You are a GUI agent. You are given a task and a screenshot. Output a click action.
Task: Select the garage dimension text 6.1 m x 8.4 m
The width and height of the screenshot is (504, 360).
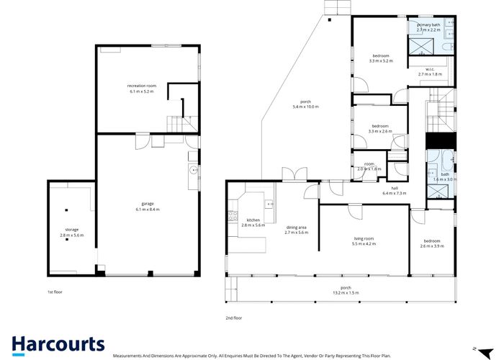coord(148,209)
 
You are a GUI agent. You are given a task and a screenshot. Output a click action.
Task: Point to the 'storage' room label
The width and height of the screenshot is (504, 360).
coord(72,230)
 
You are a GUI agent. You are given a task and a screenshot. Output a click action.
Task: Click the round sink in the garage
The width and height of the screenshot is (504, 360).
coord(193,171)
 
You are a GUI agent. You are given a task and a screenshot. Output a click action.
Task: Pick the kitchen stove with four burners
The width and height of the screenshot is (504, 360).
coord(232,214)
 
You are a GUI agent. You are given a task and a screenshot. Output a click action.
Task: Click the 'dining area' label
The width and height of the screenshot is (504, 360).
coord(296,228)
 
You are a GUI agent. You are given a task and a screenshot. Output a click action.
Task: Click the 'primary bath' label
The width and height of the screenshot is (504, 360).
coord(428,24)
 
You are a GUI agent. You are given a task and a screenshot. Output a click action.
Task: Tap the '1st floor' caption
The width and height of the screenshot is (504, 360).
coord(55,292)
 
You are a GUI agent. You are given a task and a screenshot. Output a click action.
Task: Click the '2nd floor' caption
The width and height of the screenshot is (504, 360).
coord(234,317)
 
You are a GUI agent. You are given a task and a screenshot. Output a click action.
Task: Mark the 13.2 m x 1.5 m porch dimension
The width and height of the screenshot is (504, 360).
coord(346,293)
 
